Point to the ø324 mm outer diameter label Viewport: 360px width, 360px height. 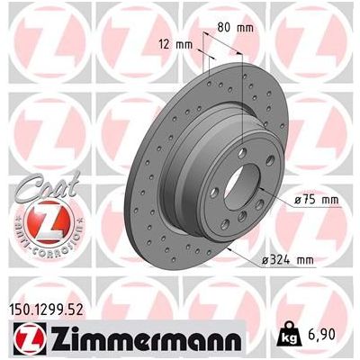pyautogui.click(x=312, y=260)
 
